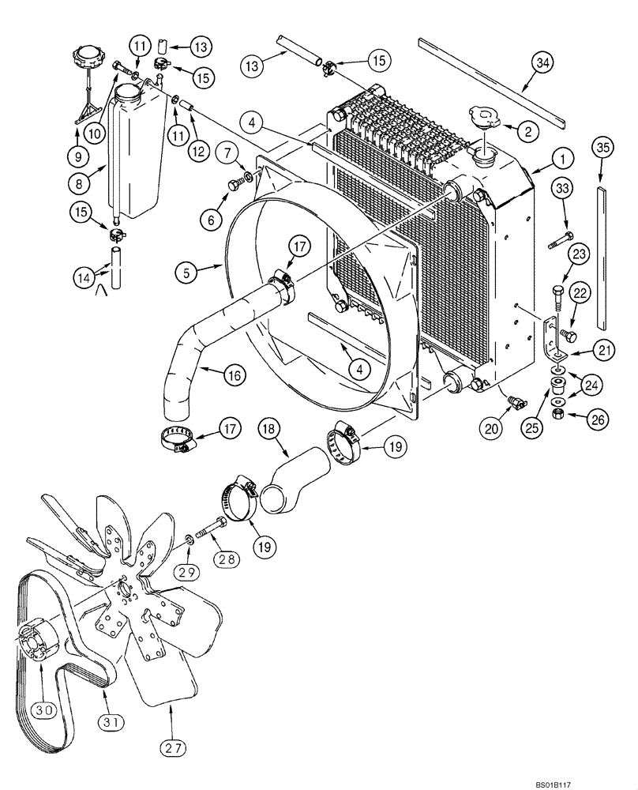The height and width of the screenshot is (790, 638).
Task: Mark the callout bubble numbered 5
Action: click(187, 273)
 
